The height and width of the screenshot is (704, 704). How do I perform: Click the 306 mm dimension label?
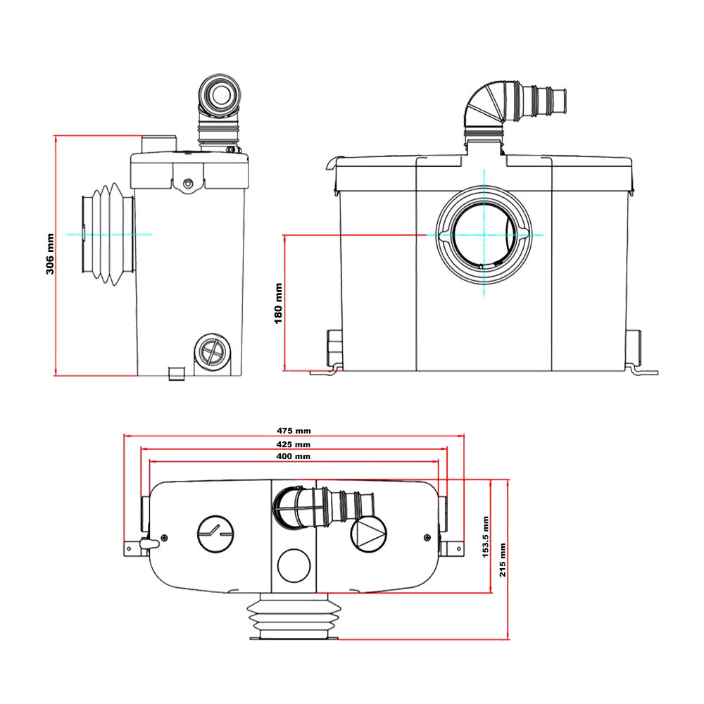[50, 253]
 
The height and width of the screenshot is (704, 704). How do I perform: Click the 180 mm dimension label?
[278, 303]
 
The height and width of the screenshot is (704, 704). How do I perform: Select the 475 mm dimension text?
[294, 431]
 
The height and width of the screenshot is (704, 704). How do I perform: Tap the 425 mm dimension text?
[293, 444]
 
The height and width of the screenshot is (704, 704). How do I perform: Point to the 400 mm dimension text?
[293, 456]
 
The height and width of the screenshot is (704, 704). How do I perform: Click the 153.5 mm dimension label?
[485, 537]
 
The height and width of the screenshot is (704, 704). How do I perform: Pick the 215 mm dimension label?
[503, 560]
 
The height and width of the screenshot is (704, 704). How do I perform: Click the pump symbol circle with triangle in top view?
[368, 534]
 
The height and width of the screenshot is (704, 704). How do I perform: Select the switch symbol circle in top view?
[215, 534]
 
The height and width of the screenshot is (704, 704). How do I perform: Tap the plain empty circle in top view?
[294, 566]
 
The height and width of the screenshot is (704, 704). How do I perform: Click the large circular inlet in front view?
[484, 235]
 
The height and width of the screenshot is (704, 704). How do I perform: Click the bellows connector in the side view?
[108, 234]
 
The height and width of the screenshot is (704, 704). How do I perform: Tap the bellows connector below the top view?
[294, 617]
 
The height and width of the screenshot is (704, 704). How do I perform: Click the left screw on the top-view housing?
[164, 538]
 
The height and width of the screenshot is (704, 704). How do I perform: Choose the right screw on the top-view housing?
[427, 538]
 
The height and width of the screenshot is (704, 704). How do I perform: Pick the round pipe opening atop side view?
[220, 95]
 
